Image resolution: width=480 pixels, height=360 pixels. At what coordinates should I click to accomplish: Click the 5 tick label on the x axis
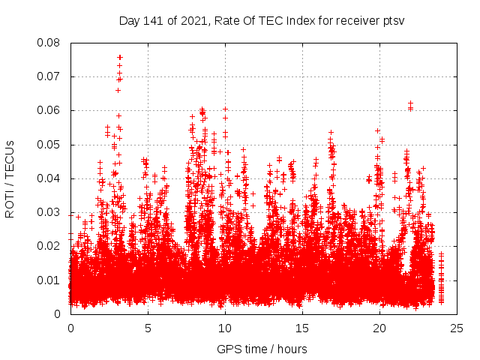148,328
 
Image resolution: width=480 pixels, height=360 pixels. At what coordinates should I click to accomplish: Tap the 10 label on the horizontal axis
225,328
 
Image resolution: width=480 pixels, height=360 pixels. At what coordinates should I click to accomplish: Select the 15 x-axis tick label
302,328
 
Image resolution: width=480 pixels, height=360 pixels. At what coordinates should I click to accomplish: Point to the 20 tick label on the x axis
379,328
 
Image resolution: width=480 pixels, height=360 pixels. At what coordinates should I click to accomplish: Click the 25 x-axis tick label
457,328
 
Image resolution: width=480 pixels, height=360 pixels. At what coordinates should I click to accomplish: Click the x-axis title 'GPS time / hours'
262,349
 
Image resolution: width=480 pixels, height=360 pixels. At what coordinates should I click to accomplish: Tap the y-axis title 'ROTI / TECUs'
10,178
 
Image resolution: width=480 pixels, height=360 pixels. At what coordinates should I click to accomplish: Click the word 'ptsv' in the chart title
392,20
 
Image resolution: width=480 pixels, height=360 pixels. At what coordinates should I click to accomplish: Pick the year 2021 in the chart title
192,20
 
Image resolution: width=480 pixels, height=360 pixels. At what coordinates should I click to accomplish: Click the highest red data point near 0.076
119,57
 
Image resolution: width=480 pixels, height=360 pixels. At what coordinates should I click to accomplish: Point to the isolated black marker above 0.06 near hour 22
410,103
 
